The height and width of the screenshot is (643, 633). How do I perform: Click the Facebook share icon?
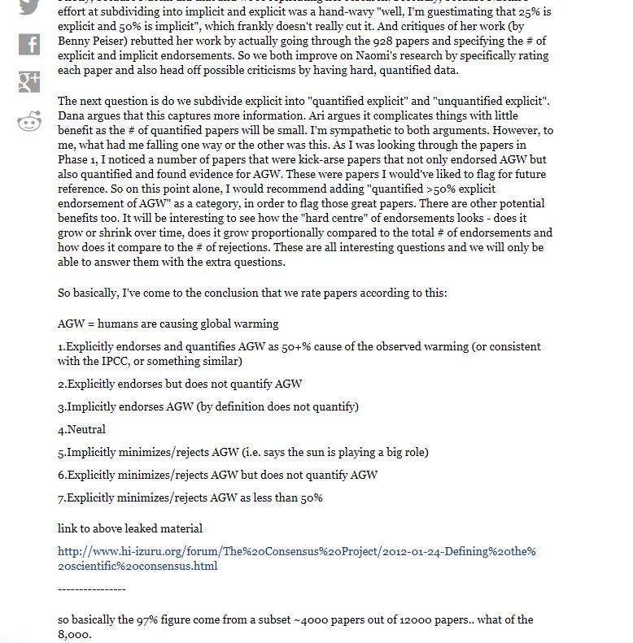point(29,43)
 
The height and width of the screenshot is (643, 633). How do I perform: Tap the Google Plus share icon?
point(29,81)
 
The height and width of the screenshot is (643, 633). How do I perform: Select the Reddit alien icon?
point(29,121)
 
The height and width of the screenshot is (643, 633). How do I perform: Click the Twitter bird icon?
point(29,7)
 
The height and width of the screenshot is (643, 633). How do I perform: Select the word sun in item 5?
point(312,452)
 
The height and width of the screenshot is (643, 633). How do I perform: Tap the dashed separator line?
point(92,589)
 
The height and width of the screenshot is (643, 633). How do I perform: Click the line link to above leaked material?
point(129,528)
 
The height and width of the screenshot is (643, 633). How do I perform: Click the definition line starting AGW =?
point(168,324)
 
